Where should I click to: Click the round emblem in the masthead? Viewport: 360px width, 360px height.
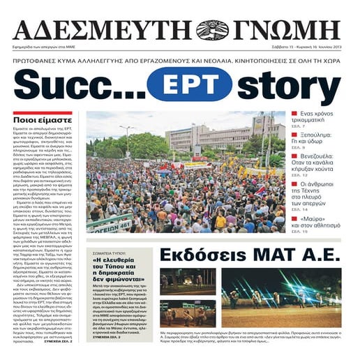click(213, 29)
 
